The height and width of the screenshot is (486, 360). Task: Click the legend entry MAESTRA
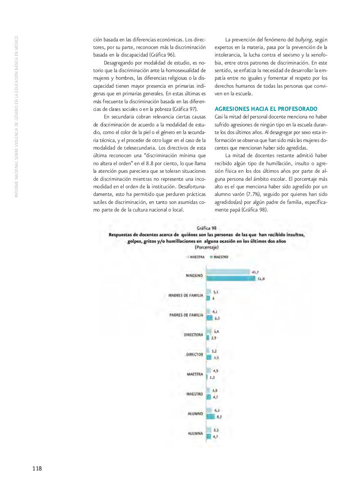[x=196, y=257]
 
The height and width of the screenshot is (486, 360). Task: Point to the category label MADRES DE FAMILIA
[x=186, y=295]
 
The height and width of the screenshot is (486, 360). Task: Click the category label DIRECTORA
[x=193, y=335]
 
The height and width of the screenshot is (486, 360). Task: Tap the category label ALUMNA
[x=195, y=433]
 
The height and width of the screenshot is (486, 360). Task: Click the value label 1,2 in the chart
[x=212, y=378]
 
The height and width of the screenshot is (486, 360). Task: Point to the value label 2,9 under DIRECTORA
[x=214, y=338]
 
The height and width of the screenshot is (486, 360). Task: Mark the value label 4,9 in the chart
[x=215, y=371]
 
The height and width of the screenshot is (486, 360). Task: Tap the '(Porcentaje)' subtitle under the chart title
[x=206, y=247]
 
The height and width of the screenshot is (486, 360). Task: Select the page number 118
[x=37, y=469]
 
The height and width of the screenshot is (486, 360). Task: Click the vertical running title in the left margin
[x=16, y=116]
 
